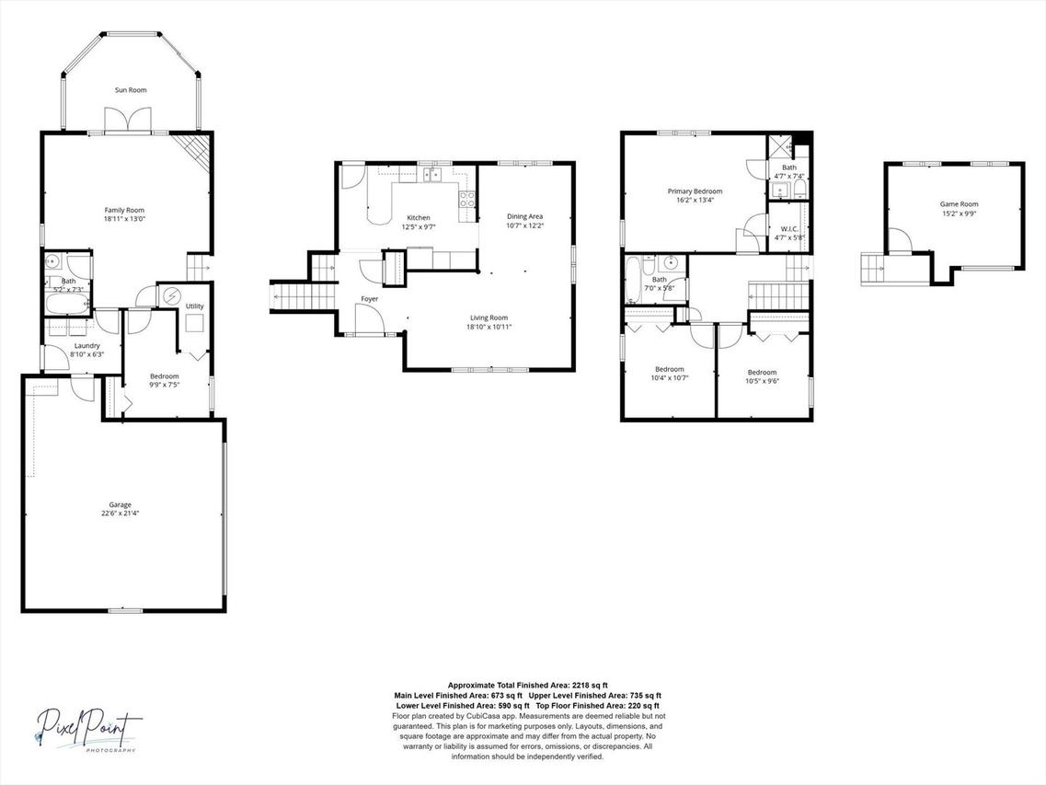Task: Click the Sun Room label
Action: [131, 90]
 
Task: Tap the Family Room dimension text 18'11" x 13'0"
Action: [124, 219]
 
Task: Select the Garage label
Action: [120, 504]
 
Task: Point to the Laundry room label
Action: [87, 346]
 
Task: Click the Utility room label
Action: [195, 306]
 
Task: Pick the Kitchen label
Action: [418, 218]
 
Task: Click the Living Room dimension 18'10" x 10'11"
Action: [489, 326]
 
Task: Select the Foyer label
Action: [369, 298]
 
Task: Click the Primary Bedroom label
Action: [695, 191]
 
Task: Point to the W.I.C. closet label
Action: [788, 228]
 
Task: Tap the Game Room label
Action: [959, 204]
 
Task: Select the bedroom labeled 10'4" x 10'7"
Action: [669, 369]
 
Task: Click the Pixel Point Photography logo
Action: [90, 730]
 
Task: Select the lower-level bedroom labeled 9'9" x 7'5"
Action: [165, 376]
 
